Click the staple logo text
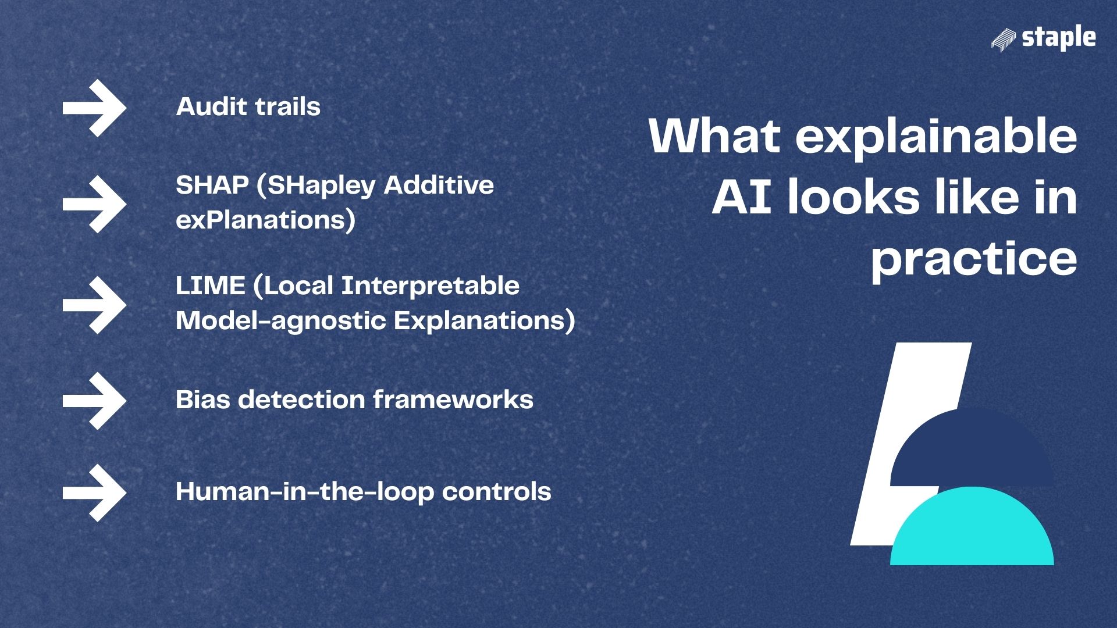coord(1058,38)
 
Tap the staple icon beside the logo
coord(1004,40)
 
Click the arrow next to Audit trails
coord(94,108)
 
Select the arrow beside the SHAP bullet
coord(94,204)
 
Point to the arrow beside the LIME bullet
coord(94,305)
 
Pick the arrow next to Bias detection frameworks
coord(94,401)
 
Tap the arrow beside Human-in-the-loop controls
coord(94,493)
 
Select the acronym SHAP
coord(212,185)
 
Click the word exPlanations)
coord(265,220)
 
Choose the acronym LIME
coord(210,286)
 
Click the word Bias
coord(203,400)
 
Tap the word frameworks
coord(453,400)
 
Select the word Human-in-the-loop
coord(305,492)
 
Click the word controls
coord(496,492)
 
